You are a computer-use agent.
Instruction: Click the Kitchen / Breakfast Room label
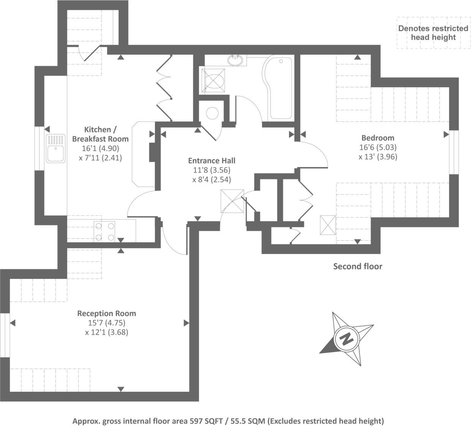coord(100,134)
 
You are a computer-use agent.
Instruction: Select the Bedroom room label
coord(378,138)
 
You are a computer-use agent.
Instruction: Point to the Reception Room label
coord(106,314)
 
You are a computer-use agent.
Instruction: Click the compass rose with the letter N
coord(346,339)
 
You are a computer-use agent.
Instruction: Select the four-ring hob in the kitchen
coord(104,231)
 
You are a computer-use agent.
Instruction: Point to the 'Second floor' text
coord(357,266)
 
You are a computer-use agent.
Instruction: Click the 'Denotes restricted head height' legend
coord(433,33)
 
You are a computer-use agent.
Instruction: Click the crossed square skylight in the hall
coord(232,201)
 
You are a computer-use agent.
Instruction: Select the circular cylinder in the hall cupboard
coord(212,113)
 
